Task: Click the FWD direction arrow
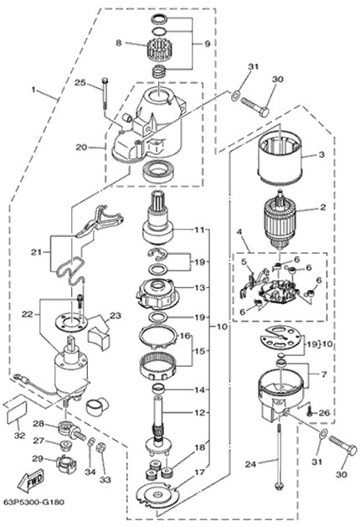pyautogui.click(x=31, y=481)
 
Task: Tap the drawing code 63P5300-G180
pyautogui.click(x=33, y=503)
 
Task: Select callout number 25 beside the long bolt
pyautogui.click(x=80, y=83)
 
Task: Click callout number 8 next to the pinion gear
pyautogui.click(x=118, y=43)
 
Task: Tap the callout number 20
pyautogui.click(x=81, y=147)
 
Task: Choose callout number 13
pyautogui.click(x=199, y=287)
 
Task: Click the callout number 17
pyautogui.click(x=199, y=473)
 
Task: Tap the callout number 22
pyautogui.click(x=27, y=314)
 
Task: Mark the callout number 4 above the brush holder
pyautogui.click(x=239, y=232)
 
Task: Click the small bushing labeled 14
pyautogui.click(x=159, y=390)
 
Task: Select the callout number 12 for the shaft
pyautogui.click(x=199, y=412)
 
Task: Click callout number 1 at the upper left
pyautogui.click(x=33, y=90)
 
